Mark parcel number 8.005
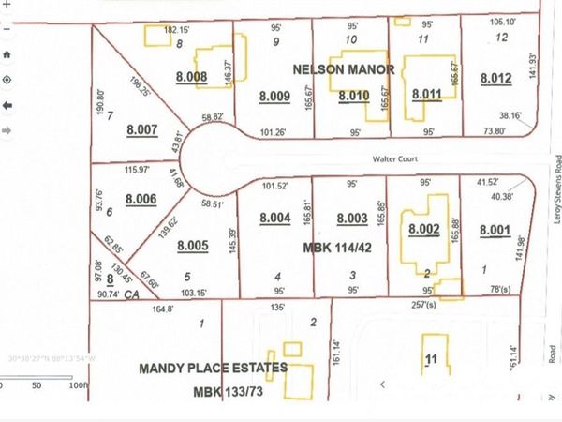(x=192, y=247)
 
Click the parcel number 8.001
(x=495, y=230)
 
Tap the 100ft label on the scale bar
(x=78, y=385)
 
